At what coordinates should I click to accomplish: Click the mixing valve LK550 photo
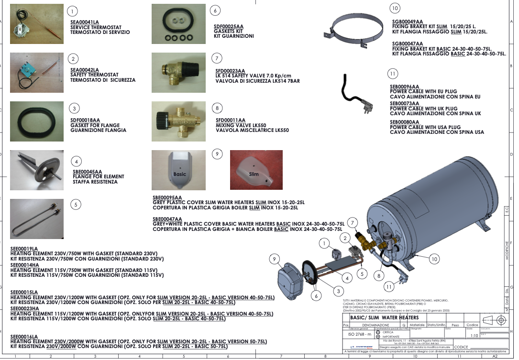click(177, 120)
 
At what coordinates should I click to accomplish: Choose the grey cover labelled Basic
click(178, 170)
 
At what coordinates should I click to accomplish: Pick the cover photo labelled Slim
click(256, 170)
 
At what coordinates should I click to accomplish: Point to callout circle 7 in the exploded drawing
click(352, 222)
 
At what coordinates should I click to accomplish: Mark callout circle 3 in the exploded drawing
click(338, 291)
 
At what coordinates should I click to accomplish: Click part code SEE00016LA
click(24, 337)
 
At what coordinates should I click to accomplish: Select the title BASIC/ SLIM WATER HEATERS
click(384, 317)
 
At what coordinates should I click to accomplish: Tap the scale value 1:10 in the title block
click(475, 336)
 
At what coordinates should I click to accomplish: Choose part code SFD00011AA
click(230, 120)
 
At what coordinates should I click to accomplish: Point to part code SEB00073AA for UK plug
click(404, 103)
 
